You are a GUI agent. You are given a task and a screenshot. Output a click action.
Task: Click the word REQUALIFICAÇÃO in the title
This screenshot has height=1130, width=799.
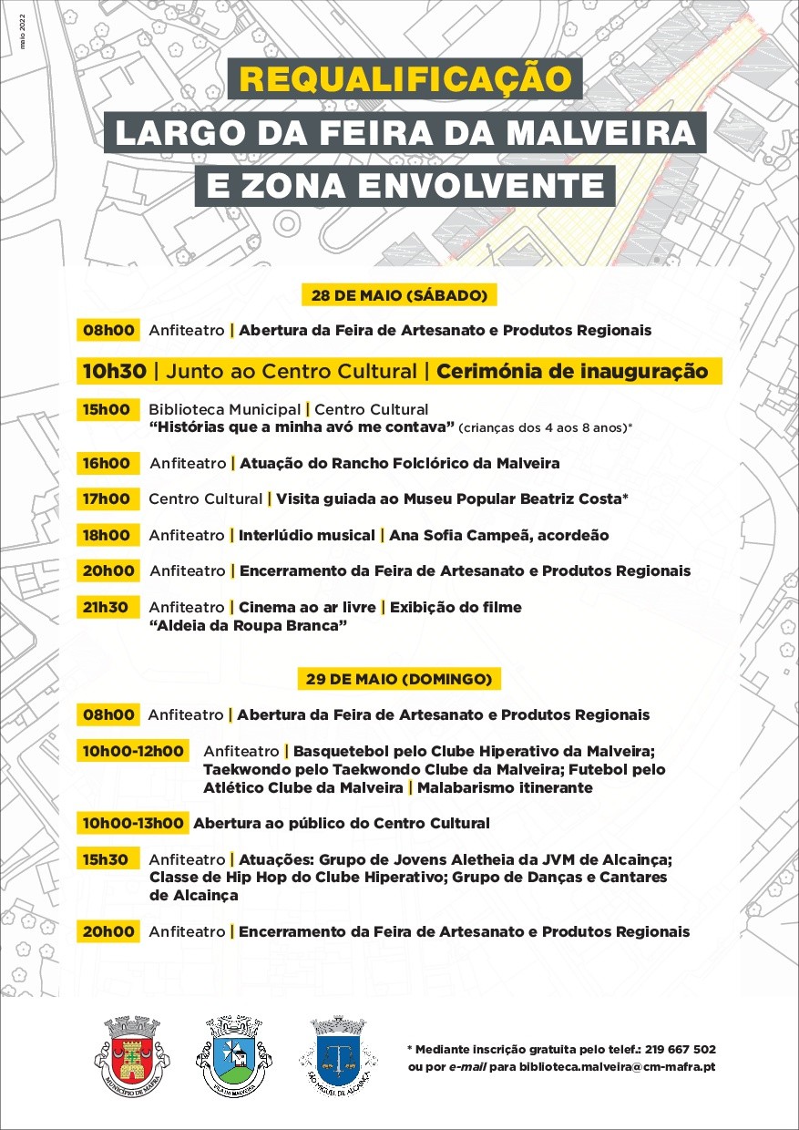405,79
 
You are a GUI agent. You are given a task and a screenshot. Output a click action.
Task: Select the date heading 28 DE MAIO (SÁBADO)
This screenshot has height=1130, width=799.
399,295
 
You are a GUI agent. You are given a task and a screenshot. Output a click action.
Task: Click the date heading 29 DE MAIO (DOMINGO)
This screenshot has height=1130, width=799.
399,679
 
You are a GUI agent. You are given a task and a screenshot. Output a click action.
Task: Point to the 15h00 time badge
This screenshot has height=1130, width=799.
108,409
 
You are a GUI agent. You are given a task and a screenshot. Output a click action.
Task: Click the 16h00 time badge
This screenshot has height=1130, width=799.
108,463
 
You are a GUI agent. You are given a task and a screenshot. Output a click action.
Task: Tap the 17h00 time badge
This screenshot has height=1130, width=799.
108,498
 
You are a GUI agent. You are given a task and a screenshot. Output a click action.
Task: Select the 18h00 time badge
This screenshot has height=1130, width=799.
108,535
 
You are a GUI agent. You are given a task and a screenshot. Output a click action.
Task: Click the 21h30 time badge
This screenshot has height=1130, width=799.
108,607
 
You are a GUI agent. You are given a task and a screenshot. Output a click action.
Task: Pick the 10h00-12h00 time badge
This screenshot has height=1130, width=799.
133,751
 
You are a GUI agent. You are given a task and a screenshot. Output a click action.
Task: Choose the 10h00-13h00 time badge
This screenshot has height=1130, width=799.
133,823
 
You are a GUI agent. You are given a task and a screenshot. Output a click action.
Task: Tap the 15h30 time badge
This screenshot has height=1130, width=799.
108,858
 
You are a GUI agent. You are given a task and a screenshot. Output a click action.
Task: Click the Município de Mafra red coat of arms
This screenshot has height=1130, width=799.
132,1056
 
